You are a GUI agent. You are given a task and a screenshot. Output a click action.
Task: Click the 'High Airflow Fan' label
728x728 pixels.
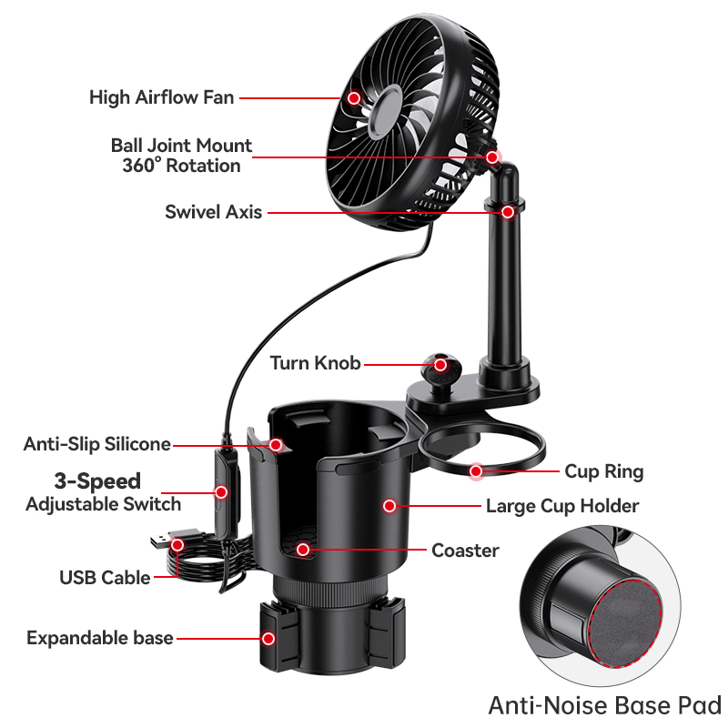162,97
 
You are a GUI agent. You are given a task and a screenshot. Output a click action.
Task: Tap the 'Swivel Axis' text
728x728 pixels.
213,212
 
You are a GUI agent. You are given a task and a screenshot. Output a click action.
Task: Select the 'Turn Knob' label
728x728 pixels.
315,364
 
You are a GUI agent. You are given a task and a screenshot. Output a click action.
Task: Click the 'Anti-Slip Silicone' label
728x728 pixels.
96,444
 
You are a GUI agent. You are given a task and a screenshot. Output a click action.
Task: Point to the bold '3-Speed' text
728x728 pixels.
96,480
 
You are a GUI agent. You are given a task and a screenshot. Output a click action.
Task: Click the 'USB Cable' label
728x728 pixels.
105,577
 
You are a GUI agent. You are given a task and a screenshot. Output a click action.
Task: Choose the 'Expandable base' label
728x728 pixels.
99,638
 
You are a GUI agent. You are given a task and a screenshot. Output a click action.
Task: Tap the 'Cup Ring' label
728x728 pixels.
603,471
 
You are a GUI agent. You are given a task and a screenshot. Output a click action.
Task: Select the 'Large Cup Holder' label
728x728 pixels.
561,506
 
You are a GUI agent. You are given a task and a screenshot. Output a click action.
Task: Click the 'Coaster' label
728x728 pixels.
465,551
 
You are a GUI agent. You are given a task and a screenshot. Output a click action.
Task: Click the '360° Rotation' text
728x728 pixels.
181,166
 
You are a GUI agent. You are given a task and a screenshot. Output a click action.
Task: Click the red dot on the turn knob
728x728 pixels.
440,364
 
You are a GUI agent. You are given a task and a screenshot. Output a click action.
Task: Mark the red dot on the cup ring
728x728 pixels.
476,471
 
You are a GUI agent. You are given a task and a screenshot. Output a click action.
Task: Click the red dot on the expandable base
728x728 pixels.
268,638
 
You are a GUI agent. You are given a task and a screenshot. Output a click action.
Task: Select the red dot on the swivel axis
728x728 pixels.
508,212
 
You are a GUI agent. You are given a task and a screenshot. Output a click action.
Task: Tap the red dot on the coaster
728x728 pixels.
303,550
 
